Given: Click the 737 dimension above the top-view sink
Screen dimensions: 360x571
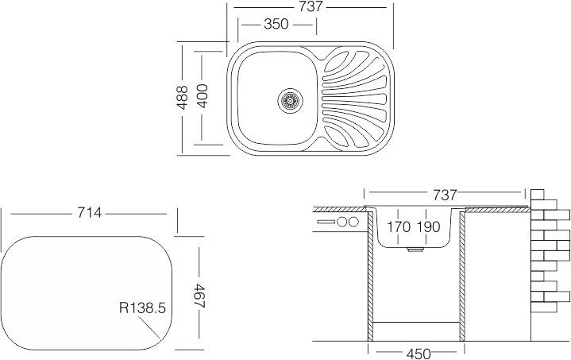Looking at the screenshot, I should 312,6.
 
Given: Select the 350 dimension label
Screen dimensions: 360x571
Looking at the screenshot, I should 275,25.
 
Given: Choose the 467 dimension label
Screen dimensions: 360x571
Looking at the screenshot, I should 198,291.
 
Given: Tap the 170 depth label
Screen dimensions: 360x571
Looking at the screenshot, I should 399,227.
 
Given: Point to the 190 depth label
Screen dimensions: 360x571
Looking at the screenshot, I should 428,227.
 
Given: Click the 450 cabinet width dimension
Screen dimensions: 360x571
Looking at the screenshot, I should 414,353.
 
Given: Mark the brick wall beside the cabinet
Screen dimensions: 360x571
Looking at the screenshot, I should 550,254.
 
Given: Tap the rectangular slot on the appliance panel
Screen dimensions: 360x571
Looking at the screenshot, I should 326,221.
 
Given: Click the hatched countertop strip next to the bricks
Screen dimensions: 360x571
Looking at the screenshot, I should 496,209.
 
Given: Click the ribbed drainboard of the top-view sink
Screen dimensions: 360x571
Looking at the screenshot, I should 353,99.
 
